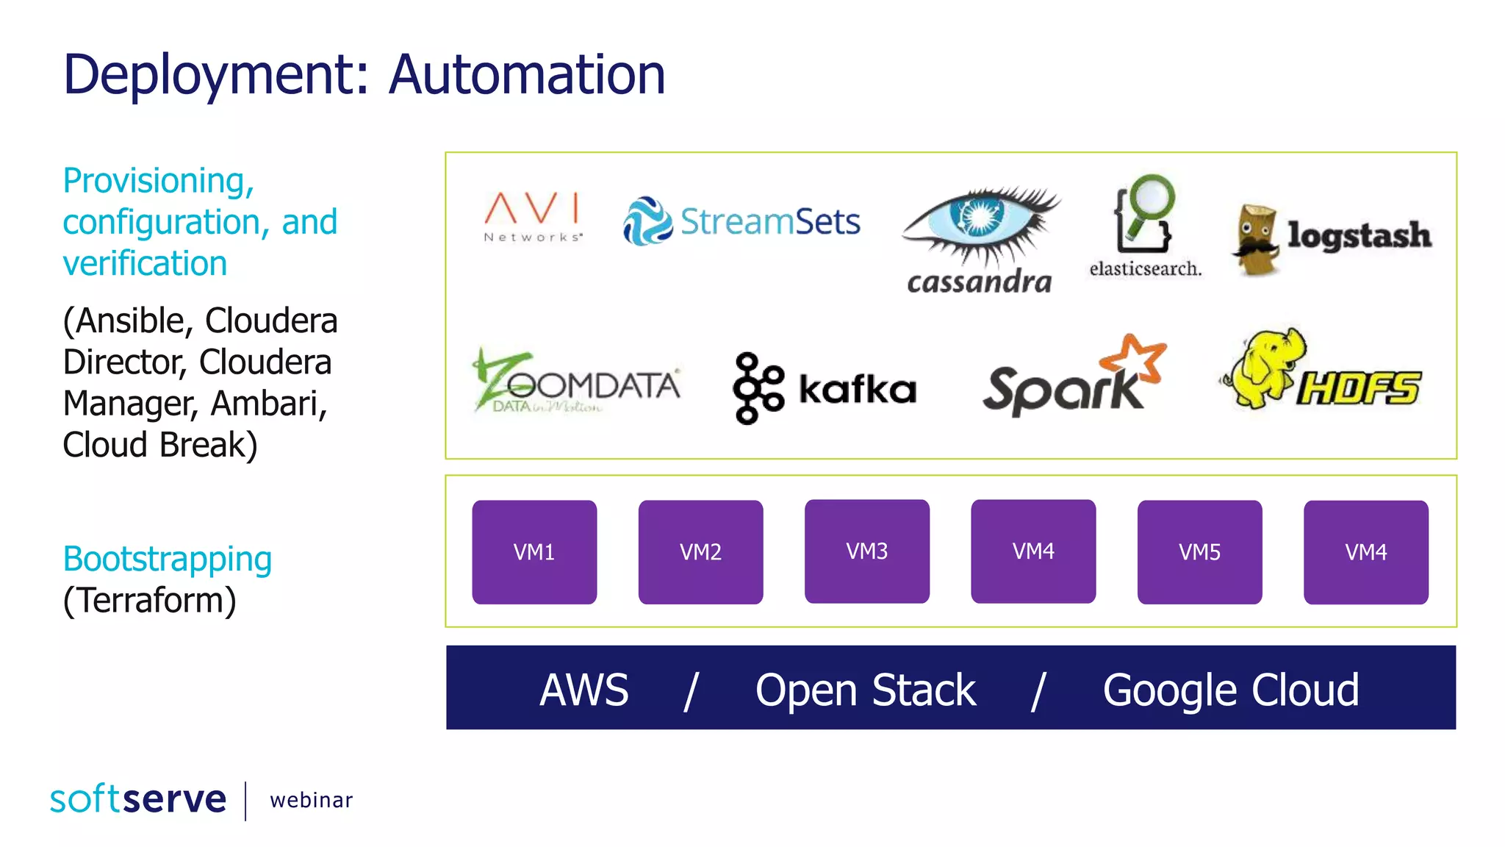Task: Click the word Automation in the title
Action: [526, 75]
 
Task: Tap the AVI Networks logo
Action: [533, 216]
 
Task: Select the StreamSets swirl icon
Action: [647, 221]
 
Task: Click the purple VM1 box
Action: [534, 552]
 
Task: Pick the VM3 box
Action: [867, 551]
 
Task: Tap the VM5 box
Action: [1199, 552]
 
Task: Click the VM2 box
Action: [700, 552]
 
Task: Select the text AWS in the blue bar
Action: [584, 690]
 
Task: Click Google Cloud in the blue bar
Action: [1231, 690]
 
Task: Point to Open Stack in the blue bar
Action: [865, 690]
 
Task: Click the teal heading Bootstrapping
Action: [168, 559]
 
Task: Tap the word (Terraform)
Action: [150, 601]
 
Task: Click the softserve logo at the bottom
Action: [138, 799]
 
